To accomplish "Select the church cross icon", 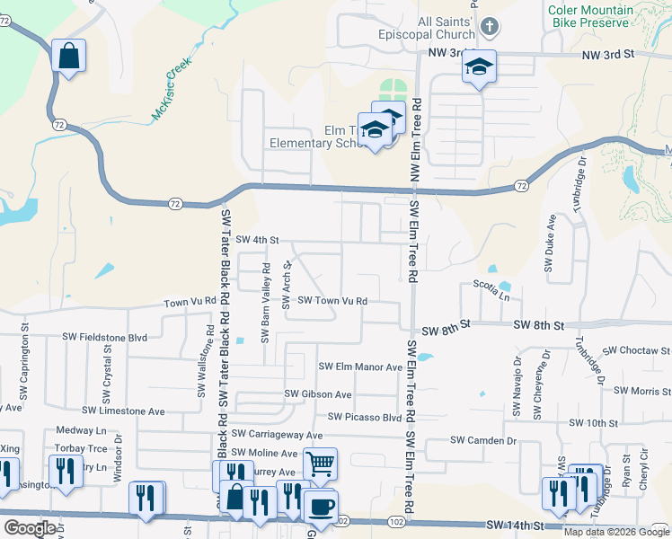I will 488,26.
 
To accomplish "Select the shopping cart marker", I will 320,464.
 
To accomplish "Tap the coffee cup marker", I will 321,506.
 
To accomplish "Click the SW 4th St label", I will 259,240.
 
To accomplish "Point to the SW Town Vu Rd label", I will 332,301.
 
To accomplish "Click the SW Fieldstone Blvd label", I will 104,337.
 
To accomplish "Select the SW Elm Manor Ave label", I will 361,367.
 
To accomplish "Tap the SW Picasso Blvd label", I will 364,417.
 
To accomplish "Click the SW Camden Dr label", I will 483,440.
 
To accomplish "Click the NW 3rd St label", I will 608,55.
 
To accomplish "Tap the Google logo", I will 31,528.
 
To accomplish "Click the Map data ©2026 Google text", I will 616,532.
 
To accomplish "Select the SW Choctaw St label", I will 637,350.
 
